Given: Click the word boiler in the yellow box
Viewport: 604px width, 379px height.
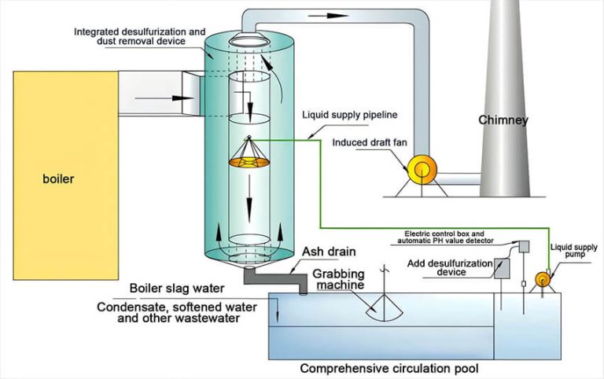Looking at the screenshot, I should pyautogui.click(x=58, y=178).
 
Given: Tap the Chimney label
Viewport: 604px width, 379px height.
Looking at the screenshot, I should pyautogui.click(x=504, y=120).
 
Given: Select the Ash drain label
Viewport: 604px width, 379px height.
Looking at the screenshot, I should pyautogui.click(x=325, y=252).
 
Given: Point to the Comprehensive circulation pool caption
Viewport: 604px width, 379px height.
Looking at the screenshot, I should pyautogui.click(x=389, y=367).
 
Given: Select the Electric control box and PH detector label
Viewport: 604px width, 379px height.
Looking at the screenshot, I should pyautogui.click(x=454, y=237).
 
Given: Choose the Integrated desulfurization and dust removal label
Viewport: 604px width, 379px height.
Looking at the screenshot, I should pyautogui.click(x=131, y=36).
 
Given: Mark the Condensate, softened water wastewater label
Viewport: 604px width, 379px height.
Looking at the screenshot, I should pyautogui.click(x=168, y=312).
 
